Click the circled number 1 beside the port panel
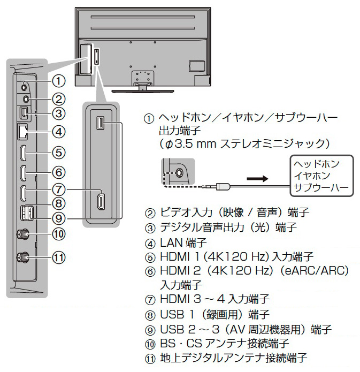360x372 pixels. [59, 81]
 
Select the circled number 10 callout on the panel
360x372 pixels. [59, 233]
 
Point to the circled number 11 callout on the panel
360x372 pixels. [59, 257]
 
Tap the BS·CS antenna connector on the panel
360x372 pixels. [24, 234]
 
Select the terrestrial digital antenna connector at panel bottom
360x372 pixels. [24, 257]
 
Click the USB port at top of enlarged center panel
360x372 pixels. [100, 123]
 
